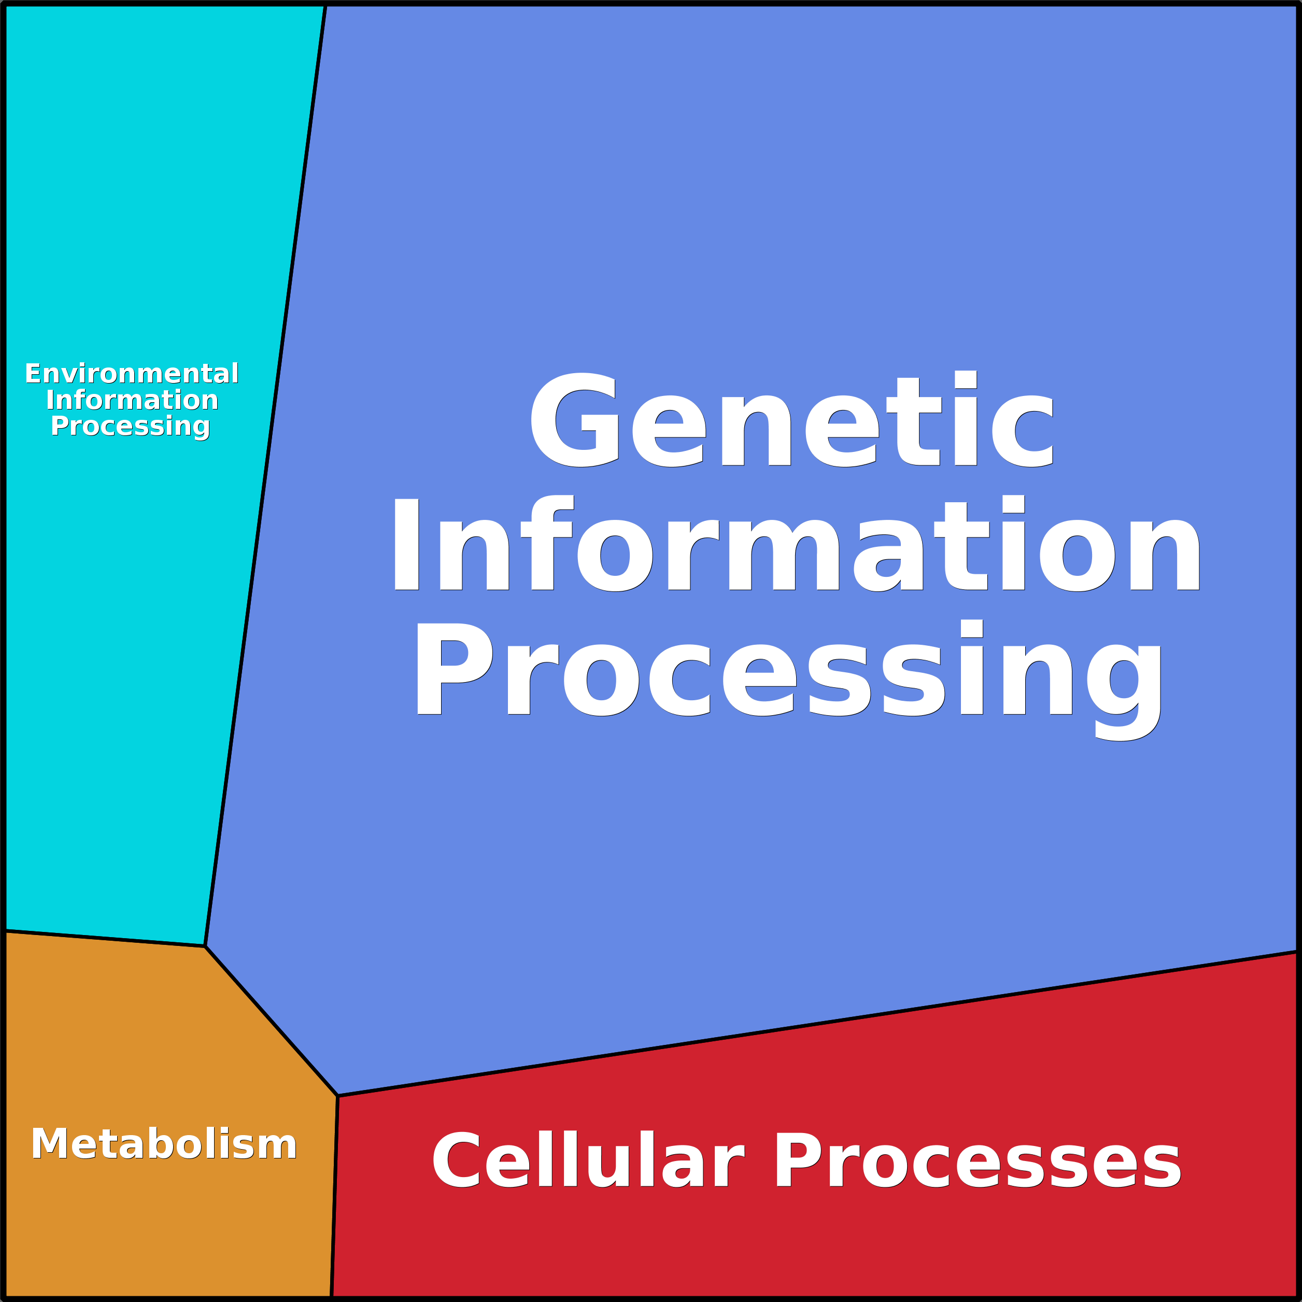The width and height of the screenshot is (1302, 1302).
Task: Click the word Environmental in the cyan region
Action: point(132,373)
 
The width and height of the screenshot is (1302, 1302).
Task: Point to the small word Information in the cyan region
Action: point(132,400)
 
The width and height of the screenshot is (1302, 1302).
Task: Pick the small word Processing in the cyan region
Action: point(131,426)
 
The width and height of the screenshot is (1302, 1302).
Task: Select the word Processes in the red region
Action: point(977,1161)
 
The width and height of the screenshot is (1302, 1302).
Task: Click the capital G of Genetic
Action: point(574,420)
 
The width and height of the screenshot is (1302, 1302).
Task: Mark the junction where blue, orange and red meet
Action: point(337,1096)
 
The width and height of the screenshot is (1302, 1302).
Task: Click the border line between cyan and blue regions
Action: point(265,472)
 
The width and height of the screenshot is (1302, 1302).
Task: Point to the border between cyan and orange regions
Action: point(105,939)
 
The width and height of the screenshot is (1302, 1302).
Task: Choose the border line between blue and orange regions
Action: point(271,1021)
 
